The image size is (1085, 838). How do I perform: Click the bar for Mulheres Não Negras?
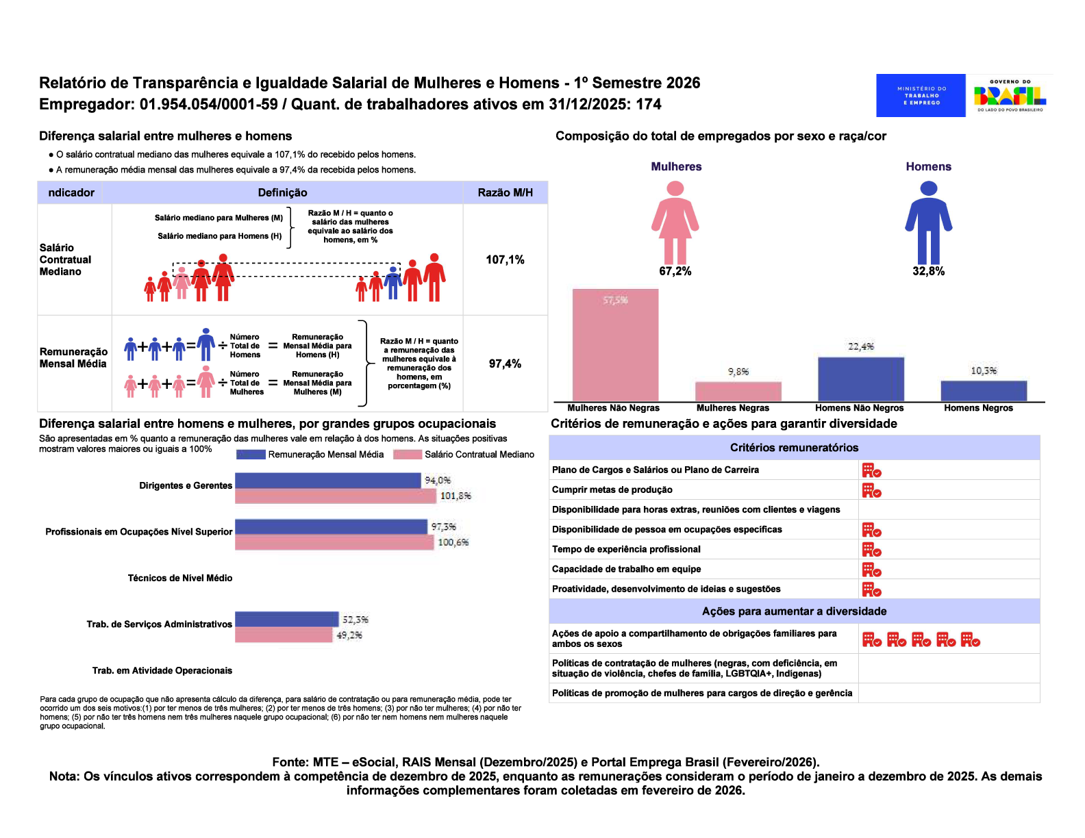615,346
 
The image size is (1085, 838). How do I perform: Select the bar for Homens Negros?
984,391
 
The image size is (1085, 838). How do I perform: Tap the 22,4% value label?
861,346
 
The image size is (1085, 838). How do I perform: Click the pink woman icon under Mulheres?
675,223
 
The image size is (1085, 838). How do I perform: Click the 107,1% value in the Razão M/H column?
505,259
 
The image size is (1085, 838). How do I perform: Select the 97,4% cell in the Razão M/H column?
505,364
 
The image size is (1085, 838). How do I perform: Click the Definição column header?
282,192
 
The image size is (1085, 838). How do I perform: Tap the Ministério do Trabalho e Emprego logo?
921,96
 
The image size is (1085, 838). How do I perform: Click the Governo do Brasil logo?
1010,96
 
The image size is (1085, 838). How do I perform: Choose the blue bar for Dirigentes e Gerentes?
327,481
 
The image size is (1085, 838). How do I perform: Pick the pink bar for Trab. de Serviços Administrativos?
284,635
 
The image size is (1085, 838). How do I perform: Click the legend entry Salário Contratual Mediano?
479,455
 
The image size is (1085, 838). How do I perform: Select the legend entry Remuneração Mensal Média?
325,455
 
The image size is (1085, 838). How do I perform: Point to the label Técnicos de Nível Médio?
180,579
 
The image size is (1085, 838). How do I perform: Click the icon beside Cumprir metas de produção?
871,490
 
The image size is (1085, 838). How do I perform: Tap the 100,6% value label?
453,542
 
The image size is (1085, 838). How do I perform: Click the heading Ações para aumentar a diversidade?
794,611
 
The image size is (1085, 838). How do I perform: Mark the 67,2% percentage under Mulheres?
675,271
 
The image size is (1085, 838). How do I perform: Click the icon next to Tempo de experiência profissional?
871,550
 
